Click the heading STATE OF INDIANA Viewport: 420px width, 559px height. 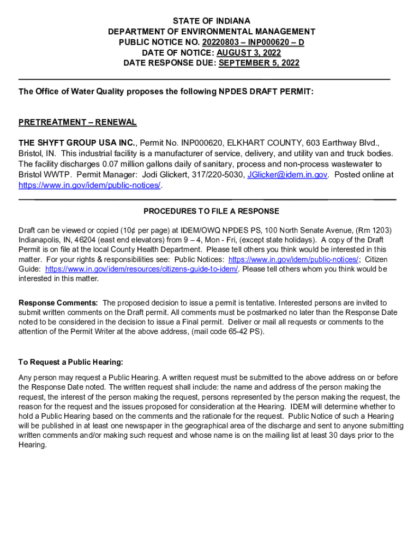click(x=211, y=21)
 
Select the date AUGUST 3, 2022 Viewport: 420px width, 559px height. click(x=249, y=53)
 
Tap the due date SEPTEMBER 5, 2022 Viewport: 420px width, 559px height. click(x=259, y=63)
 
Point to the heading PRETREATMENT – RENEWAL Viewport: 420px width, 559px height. click(x=77, y=122)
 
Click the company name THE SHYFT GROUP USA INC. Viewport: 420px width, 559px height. click(x=77, y=143)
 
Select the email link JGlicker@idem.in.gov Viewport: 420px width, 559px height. click(x=287, y=175)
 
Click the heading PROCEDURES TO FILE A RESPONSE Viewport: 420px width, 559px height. click(x=211, y=211)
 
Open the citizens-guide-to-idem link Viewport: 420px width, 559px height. click(x=142, y=269)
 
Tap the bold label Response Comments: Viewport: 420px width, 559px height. click(x=58, y=302)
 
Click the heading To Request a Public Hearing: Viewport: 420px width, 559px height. click(x=71, y=362)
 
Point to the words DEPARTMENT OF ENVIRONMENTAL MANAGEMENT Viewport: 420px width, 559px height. click(x=212, y=32)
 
